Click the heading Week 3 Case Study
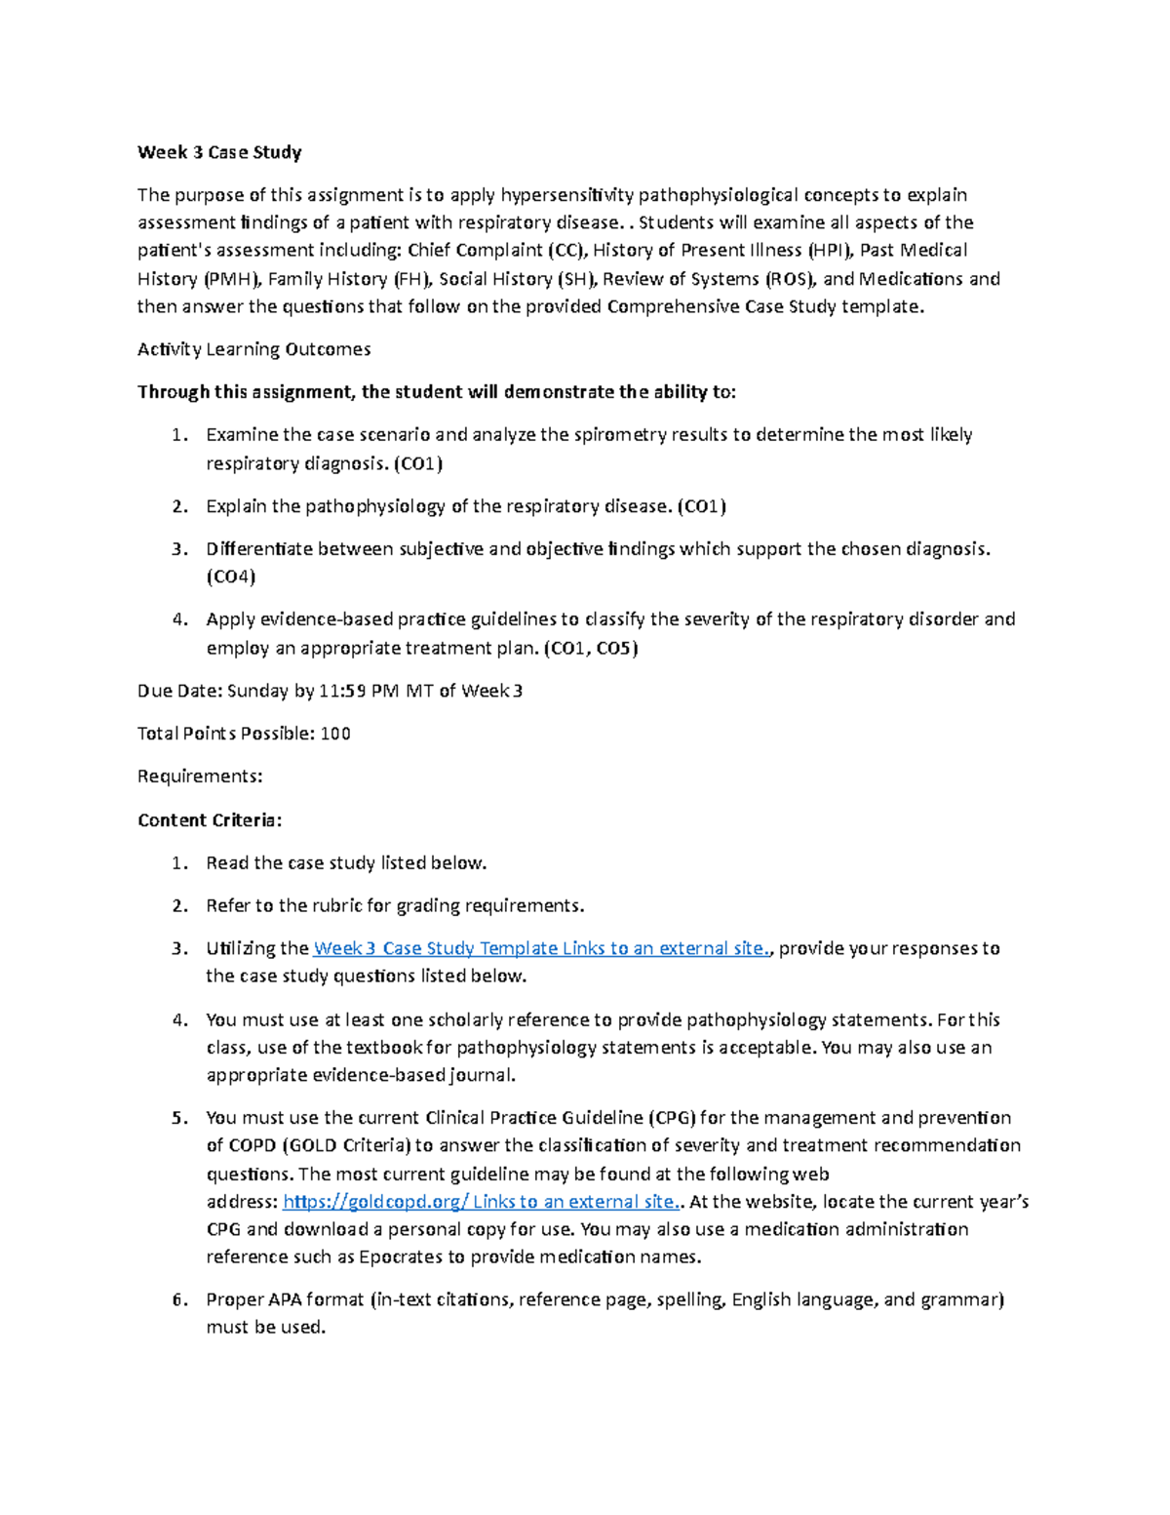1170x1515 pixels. pyautogui.click(x=219, y=152)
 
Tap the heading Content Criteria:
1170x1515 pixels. pyautogui.click(x=210, y=819)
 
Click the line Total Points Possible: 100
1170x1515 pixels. pyautogui.click(x=244, y=734)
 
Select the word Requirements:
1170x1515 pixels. pyautogui.click(x=200, y=777)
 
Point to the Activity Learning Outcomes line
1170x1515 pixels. pyautogui.click(x=253, y=349)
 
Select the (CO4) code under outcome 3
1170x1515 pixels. pyautogui.click(x=230, y=577)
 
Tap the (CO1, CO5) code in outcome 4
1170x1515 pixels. pyautogui.click(x=590, y=648)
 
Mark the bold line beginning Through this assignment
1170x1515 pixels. pyautogui.click(x=437, y=392)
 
